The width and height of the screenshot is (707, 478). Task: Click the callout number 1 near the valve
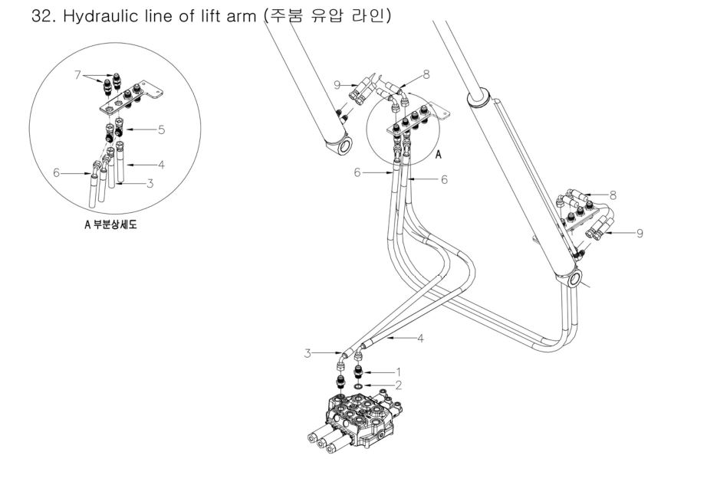(398, 372)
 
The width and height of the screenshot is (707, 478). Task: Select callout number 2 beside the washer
(398, 385)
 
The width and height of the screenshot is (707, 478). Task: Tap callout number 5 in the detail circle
(162, 129)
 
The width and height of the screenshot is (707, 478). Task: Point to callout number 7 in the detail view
(77, 74)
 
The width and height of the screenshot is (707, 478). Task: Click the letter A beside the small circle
(439, 155)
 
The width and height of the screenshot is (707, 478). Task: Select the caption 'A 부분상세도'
(110, 224)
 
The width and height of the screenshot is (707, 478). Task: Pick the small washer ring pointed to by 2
(358, 386)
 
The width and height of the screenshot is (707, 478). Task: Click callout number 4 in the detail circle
(161, 165)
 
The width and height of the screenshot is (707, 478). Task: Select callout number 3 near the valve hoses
(307, 353)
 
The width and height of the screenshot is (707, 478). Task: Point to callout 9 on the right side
(640, 234)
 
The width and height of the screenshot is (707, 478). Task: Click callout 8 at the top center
(426, 75)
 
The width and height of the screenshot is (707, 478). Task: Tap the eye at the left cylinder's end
(345, 147)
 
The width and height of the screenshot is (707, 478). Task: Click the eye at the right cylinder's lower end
(574, 278)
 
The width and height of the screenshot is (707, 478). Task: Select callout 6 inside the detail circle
(57, 172)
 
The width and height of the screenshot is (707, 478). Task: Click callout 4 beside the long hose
(420, 338)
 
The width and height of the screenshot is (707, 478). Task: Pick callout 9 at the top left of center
(337, 84)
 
